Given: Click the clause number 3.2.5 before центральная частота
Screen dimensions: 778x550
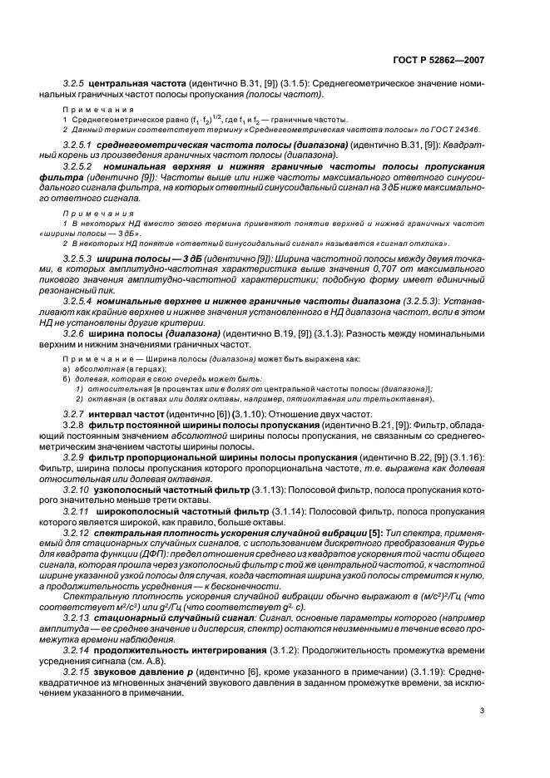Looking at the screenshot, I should point(75,84).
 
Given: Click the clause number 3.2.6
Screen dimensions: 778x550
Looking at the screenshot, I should point(75,332).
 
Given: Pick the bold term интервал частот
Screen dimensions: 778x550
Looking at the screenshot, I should point(126,413).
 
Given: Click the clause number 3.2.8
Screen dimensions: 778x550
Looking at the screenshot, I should point(75,426).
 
